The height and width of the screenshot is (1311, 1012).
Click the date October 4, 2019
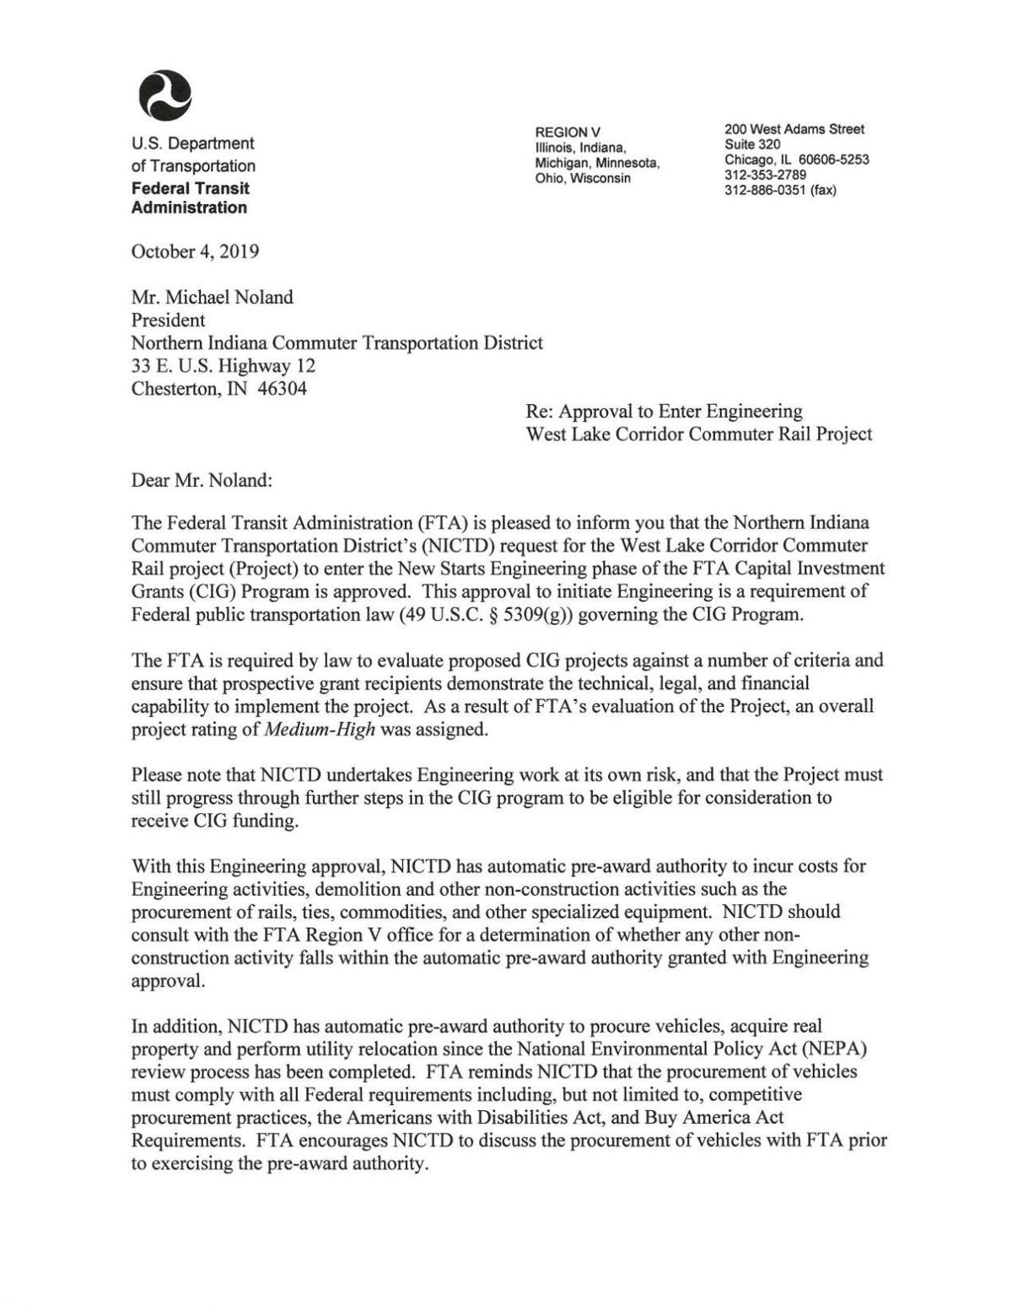(195, 251)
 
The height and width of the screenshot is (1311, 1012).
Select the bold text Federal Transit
(191, 188)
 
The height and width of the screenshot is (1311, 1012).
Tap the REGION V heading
(568, 132)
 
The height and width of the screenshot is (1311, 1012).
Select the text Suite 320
(752, 144)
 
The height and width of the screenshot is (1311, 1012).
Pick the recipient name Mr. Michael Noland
(212, 297)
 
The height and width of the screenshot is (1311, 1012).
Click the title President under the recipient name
(168, 320)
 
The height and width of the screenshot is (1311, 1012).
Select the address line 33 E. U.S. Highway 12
(223, 365)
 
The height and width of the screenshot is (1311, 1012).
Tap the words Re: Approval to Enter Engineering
(664, 411)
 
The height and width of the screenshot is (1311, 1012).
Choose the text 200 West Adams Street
(794, 129)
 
